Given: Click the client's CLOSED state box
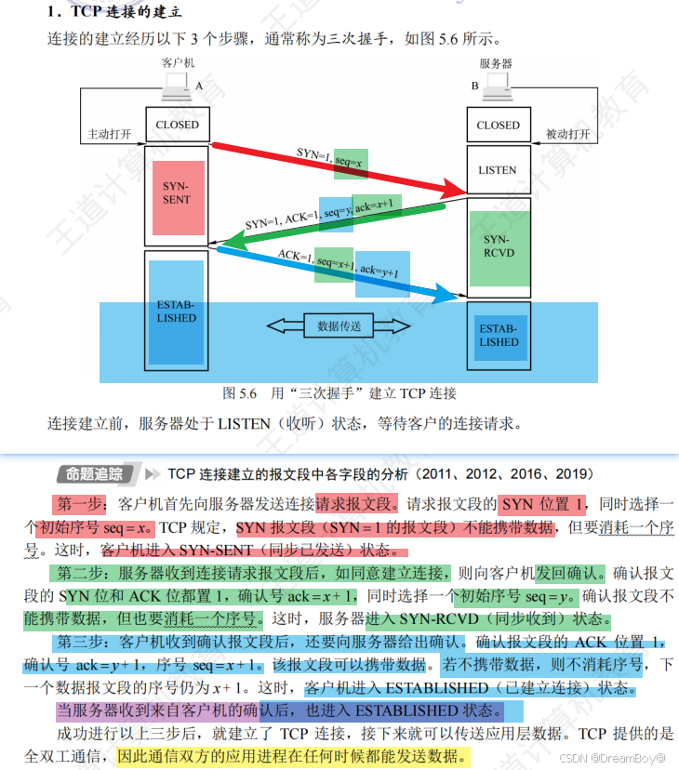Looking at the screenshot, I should (x=177, y=125).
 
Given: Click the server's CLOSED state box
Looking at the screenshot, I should (x=498, y=125).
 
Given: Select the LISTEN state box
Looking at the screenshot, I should (x=498, y=170).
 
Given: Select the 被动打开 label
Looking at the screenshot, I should (x=568, y=134).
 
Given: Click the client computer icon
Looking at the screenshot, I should (x=176, y=88).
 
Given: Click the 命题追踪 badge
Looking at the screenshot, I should (x=95, y=474).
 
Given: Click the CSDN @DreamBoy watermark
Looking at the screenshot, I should (x=614, y=758).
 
